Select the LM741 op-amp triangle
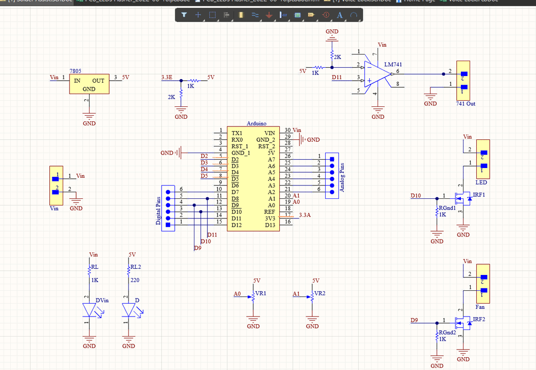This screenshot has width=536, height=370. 376,73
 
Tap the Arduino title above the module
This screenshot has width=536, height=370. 257,123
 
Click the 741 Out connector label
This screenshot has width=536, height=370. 466,104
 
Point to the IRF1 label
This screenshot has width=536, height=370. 478,195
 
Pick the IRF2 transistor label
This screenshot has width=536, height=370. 478,319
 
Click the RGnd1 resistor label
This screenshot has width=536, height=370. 446,208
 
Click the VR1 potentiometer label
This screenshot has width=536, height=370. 261,293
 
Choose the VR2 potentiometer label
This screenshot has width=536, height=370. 319,293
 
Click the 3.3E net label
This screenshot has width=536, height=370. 167,77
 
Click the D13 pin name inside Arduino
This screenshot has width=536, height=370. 270,225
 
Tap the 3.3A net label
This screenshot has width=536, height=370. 305,215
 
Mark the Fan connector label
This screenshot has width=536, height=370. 480,307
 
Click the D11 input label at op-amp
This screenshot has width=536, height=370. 337,77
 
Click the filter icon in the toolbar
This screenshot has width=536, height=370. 184,15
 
